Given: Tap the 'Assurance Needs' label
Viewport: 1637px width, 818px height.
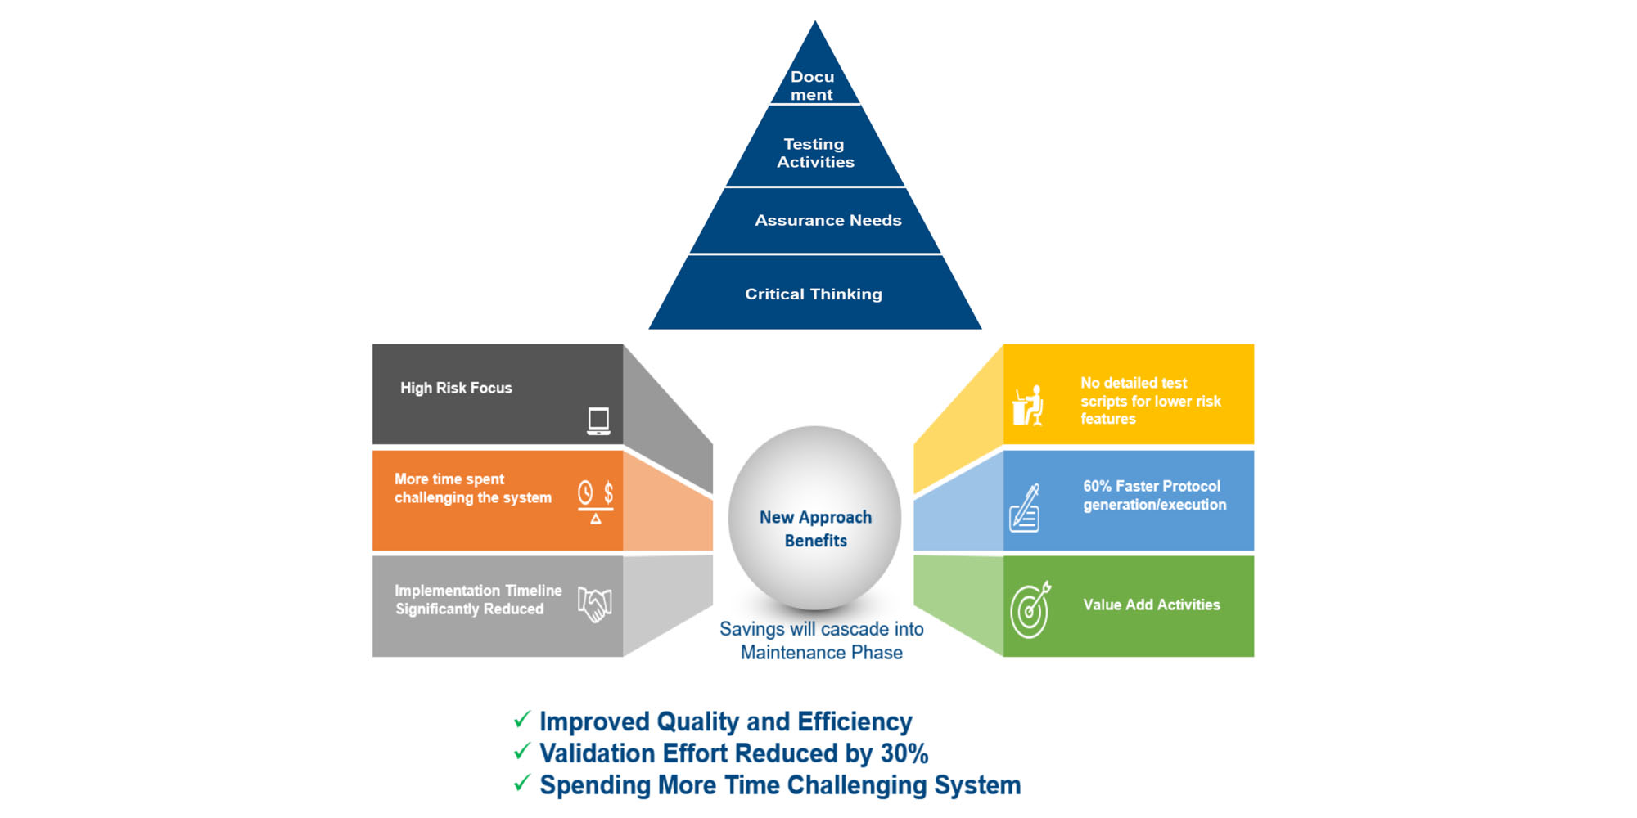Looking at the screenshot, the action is (x=828, y=220).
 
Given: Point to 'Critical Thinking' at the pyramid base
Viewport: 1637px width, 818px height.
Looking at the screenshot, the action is (x=814, y=294).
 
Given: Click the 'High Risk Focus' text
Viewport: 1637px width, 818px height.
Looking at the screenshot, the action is (x=456, y=388).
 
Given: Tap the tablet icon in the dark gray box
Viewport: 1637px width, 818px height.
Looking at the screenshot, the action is (x=598, y=420).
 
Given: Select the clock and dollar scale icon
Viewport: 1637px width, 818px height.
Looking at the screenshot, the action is (x=596, y=502).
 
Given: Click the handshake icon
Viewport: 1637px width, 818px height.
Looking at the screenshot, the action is (x=595, y=604).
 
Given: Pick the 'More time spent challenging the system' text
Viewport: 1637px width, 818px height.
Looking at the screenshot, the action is (x=473, y=488).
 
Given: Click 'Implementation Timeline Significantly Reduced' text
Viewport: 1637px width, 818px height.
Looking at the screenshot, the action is (x=478, y=600).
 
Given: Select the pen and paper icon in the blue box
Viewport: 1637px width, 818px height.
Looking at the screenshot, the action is (x=1025, y=508).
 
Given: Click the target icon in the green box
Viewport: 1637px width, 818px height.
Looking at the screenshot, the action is (x=1030, y=609).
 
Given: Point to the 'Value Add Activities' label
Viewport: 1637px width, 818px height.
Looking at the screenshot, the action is (x=1152, y=605).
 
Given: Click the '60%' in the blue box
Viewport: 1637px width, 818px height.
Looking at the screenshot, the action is (x=1097, y=486).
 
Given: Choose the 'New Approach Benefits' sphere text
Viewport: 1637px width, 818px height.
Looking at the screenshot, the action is (x=816, y=528).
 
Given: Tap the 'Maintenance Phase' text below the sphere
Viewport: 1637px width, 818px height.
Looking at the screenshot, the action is (x=822, y=653).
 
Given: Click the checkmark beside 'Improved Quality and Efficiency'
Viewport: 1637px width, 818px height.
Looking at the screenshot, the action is (x=522, y=719).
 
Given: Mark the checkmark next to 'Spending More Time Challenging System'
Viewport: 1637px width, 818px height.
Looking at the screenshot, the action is (x=522, y=783).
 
